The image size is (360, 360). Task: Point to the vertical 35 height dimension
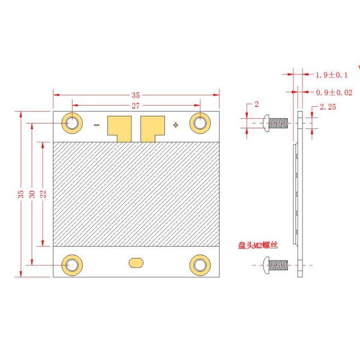[x=22, y=194]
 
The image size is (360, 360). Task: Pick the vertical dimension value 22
[x=43, y=194]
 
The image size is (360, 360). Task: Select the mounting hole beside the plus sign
[x=200, y=123]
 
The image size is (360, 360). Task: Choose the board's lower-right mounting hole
[x=200, y=264]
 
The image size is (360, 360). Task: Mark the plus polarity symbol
[x=175, y=125]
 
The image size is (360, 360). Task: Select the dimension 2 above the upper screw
[x=256, y=104]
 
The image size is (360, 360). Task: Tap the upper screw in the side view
[x=277, y=123]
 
